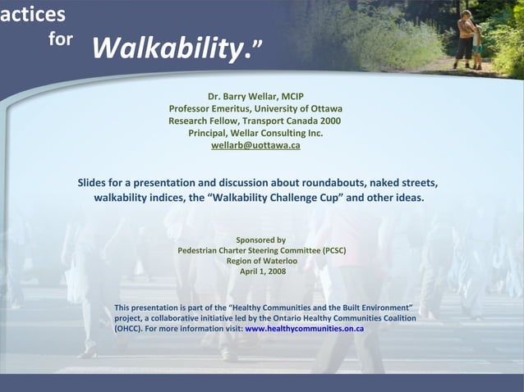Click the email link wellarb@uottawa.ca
pyautogui.click(x=255, y=145)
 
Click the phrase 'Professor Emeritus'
pyautogui.click(x=208, y=108)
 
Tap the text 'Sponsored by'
pyautogui.click(x=261, y=239)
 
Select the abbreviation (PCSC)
pyautogui.click(x=334, y=250)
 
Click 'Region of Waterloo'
pyautogui.click(x=261, y=261)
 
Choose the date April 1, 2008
pyautogui.click(x=262, y=271)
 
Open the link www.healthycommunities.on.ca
pyautogui.click(x=304, y=329)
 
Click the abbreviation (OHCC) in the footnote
pyautogui.click(x=128, y=329)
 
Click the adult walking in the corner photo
pyautogui.click(x=466, y=35)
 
